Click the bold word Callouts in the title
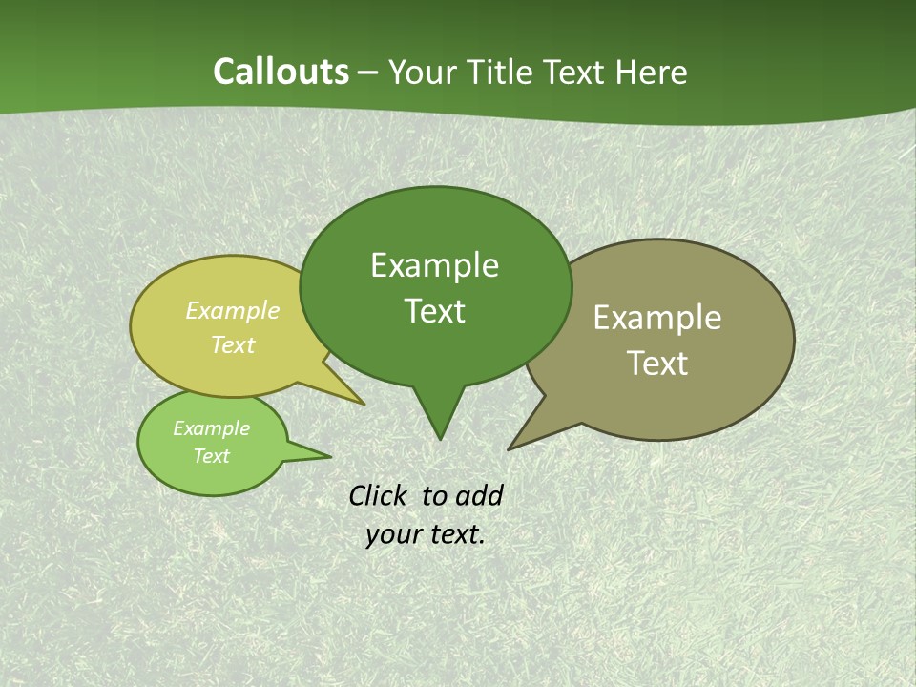pyautogui.click(x=281, y=73)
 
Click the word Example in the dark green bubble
pyautogui.click(x=434, y=265)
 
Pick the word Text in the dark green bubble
pyautogui.click(x=434, y=311)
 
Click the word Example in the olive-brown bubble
pyautogui.click(x=657, y=318)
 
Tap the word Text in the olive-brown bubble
pyautogui.click(x=657, y=364)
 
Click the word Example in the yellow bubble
pyautogui.click(x=233, y=310)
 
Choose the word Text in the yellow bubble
pyautogui.click(x=233, y=344)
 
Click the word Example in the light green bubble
pyautogui.click(x=211, y=428)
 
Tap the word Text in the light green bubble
pyautogui.click(x=211, y=456)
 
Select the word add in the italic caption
pyautogui.click(x=479, y=495)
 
